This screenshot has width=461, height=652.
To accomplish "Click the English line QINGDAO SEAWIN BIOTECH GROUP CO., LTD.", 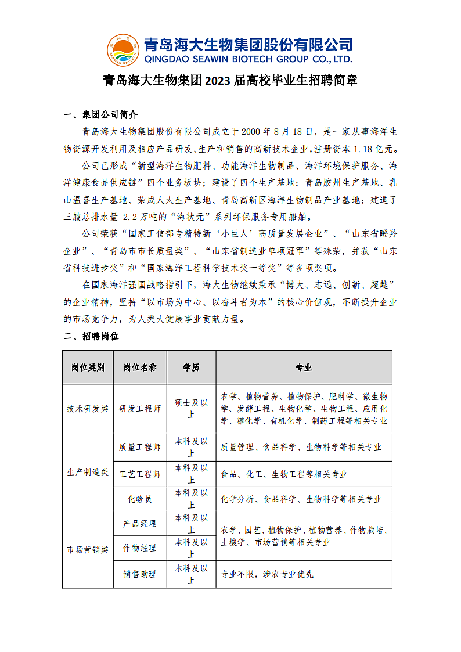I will [x=248, y=59].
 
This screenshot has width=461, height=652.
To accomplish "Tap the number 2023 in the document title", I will [x=217, y=80].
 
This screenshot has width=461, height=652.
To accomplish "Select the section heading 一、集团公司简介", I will [x=100, y=114].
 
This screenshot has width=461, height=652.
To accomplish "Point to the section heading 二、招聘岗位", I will [x=91, y=336].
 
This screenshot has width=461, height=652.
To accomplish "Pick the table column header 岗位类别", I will [x=88, y=368].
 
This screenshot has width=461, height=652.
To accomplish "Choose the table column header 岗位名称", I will [x=140, y=368].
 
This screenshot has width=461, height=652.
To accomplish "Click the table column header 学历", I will [x=191, y=368].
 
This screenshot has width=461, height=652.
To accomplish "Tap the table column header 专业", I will [x=304, y=368].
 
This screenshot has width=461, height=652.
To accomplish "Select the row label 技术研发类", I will [x=88, y=409].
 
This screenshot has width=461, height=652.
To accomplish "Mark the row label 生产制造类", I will [x=88, y=472].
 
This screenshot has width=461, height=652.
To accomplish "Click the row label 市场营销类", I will [x=88, y=549].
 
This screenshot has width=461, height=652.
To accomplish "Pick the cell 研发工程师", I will [x=140, y=409].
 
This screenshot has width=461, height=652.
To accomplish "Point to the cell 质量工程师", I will [x=140, y=447].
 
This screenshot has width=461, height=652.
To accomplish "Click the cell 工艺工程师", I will [x=140, y=474].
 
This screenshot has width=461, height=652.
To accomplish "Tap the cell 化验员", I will [x=140, y=499].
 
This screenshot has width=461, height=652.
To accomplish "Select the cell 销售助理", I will [x=140, y=574].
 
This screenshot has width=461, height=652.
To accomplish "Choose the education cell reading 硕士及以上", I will [x=191, y=409].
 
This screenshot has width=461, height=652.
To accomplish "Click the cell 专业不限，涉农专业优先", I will [x=267, y=574].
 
